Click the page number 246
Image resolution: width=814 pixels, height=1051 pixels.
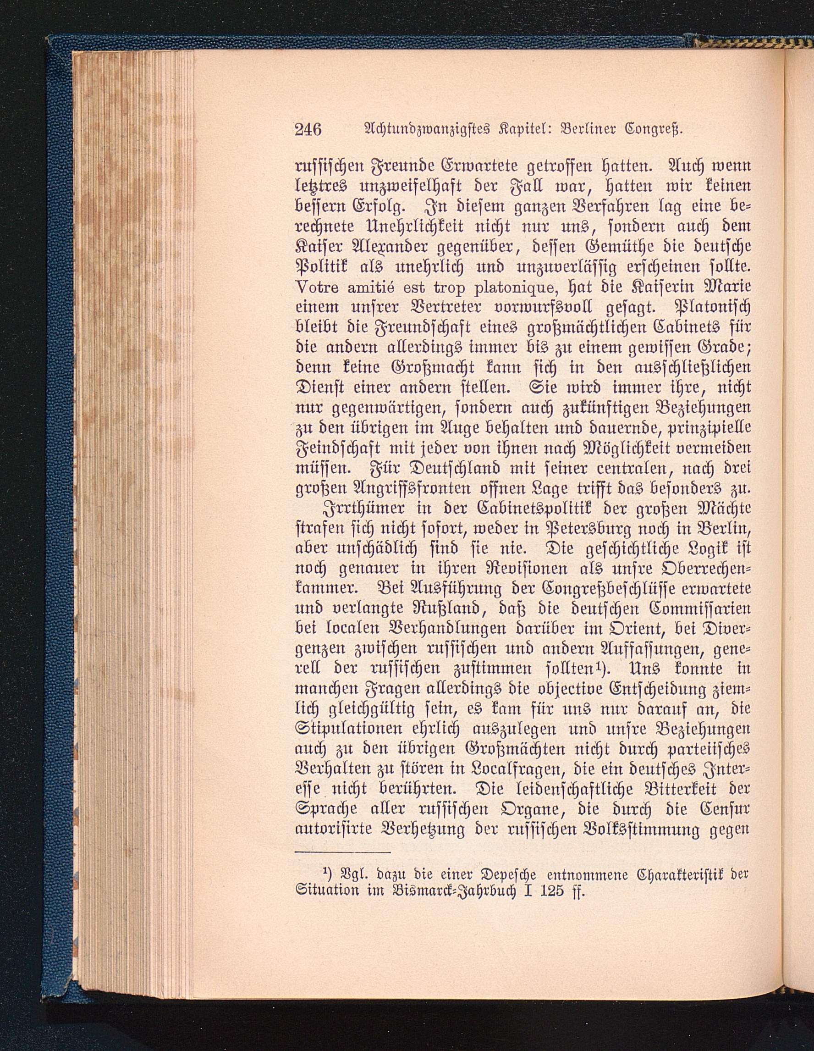tap(308, 129)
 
